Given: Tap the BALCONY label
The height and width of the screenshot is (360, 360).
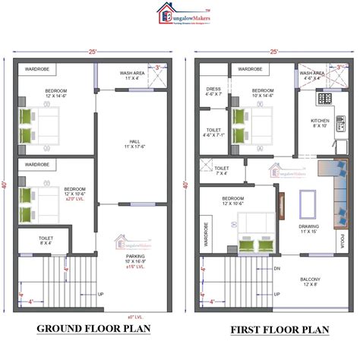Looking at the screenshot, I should [310, 280].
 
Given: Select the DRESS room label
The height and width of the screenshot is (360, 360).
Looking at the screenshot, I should [213, 90].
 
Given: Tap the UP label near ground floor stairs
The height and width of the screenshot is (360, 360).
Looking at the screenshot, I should [101, 294].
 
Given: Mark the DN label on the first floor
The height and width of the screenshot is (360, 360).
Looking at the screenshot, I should [277, 269].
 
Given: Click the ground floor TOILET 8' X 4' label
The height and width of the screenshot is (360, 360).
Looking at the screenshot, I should [46, 241].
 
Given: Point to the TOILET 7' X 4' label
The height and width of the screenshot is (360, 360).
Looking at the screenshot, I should [223, 171].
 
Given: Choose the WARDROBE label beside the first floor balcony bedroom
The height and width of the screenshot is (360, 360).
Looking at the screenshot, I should [205, 235].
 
